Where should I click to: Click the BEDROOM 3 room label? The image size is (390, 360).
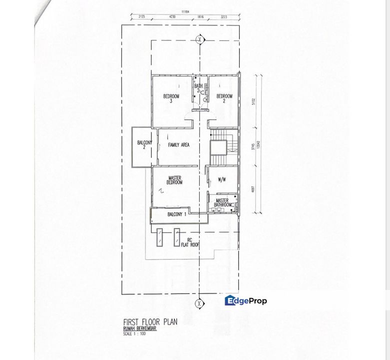coord(171,98)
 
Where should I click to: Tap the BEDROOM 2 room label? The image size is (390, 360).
coord(224,98)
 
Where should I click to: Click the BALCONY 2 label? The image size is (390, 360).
coord(144,145)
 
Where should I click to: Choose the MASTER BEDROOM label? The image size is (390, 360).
coord(174,180)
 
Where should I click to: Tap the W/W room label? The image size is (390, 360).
coord(222,179)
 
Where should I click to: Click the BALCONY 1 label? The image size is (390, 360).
coord(177,214)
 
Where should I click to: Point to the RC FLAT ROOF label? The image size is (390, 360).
coord(189,242)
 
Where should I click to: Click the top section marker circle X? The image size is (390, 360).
coord(200,39)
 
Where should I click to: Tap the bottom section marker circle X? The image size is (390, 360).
coord(200,303)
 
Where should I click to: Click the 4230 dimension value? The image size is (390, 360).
coord(173,16)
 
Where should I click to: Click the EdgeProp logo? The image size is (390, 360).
coord(246,300)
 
